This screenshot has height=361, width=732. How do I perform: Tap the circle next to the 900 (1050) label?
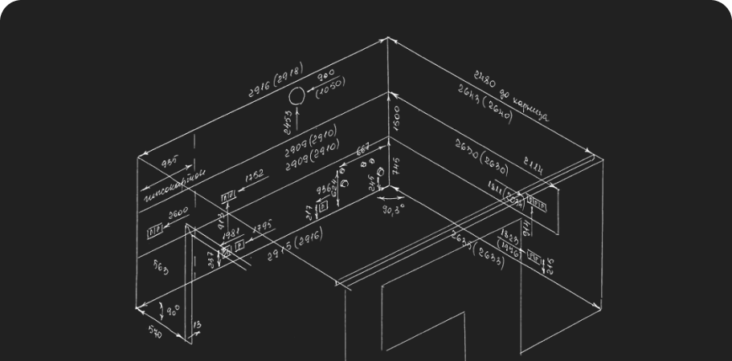coord(296,97)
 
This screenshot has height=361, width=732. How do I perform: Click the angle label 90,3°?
coord(393,210)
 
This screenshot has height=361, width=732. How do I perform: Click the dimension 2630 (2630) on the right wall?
coord(481,157)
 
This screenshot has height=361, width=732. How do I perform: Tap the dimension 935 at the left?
coord(169,162)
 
